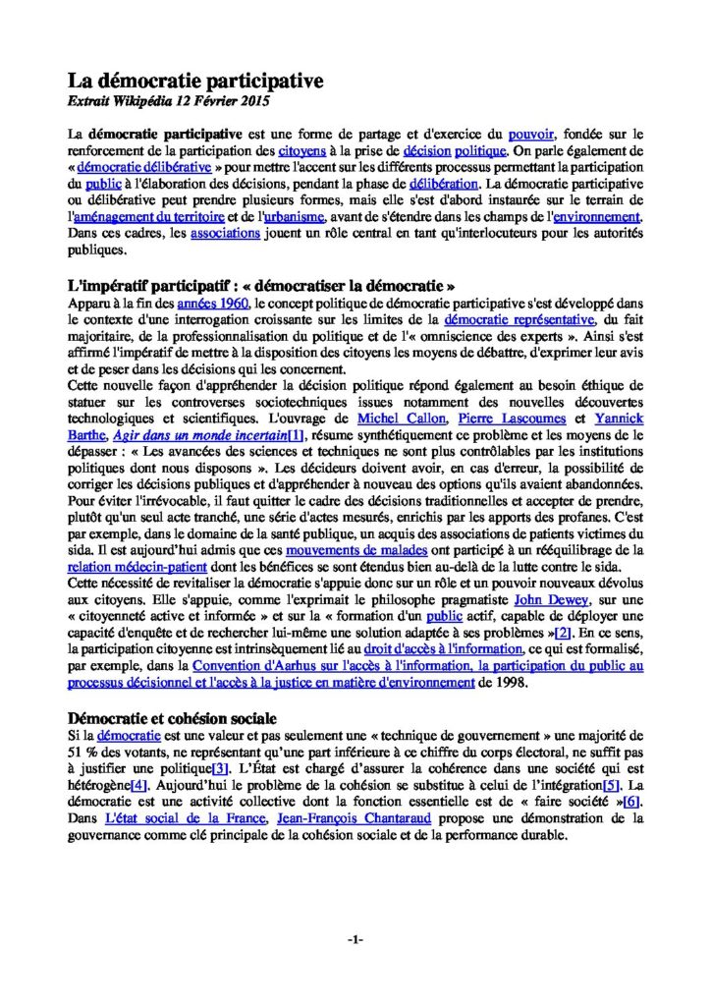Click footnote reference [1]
click(x=293, y=435)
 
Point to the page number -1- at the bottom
click(x=355, y=939)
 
